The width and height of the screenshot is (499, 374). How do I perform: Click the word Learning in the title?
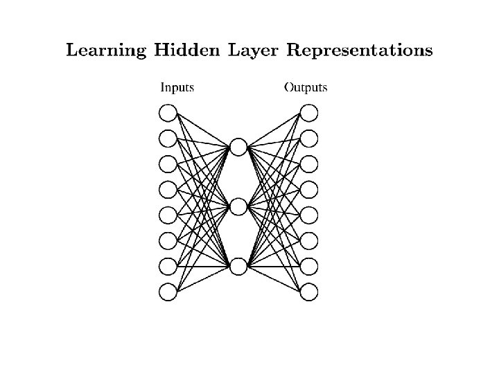point(106,51)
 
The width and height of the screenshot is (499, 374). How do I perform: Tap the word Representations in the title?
point(360,51)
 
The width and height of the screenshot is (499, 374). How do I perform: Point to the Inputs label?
point(177,88)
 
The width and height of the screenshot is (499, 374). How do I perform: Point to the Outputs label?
point(306,88)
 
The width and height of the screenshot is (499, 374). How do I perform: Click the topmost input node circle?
point(168,113)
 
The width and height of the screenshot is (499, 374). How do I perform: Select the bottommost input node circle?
point(168,292)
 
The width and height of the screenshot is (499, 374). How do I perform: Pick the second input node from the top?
point(168,139)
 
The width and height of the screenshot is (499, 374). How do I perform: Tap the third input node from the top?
point(168,164)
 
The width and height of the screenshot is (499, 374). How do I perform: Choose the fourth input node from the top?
point(168,189)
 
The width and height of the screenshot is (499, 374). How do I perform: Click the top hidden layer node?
point(238,147)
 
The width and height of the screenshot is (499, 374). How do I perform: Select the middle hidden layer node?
point(238,206)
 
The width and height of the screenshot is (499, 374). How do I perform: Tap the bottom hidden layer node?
point(238,266)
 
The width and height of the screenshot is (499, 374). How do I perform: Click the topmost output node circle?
point(309,113)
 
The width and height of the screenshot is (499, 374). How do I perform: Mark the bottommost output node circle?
point(309,292)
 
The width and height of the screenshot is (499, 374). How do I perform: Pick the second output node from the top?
point(309,139)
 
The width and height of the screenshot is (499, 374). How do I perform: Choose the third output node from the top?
point(309,164)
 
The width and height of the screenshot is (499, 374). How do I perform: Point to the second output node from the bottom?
point(309,266)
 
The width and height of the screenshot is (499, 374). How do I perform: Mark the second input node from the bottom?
point(168,266)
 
